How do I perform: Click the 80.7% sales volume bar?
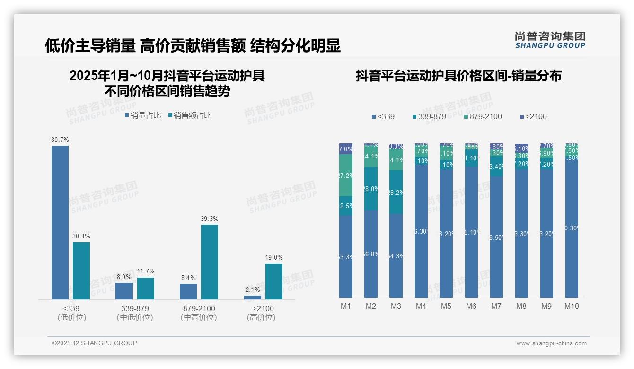click(x=60, y=222)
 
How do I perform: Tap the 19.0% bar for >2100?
click(x=273, y=281)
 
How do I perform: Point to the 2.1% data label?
click(x=253, y=290)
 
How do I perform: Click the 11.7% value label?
click(x=146, y=272)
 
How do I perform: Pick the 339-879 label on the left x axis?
click(x=135, y=308)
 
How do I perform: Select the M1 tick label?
click(x=346, y=306)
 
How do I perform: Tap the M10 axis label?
click(x=572, y=306)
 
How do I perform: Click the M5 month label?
click(x=446, y=306)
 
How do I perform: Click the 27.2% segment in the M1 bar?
click(x=346, y=175)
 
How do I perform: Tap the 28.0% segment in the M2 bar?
click(x=371, y=188)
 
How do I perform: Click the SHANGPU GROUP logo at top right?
click(x=550, y=40)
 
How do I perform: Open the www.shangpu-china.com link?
click(x=551, y=343)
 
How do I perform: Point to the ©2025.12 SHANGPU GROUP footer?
click(x=95, y=343)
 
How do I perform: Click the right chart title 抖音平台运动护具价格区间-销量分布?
click(x=458, y=76)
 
